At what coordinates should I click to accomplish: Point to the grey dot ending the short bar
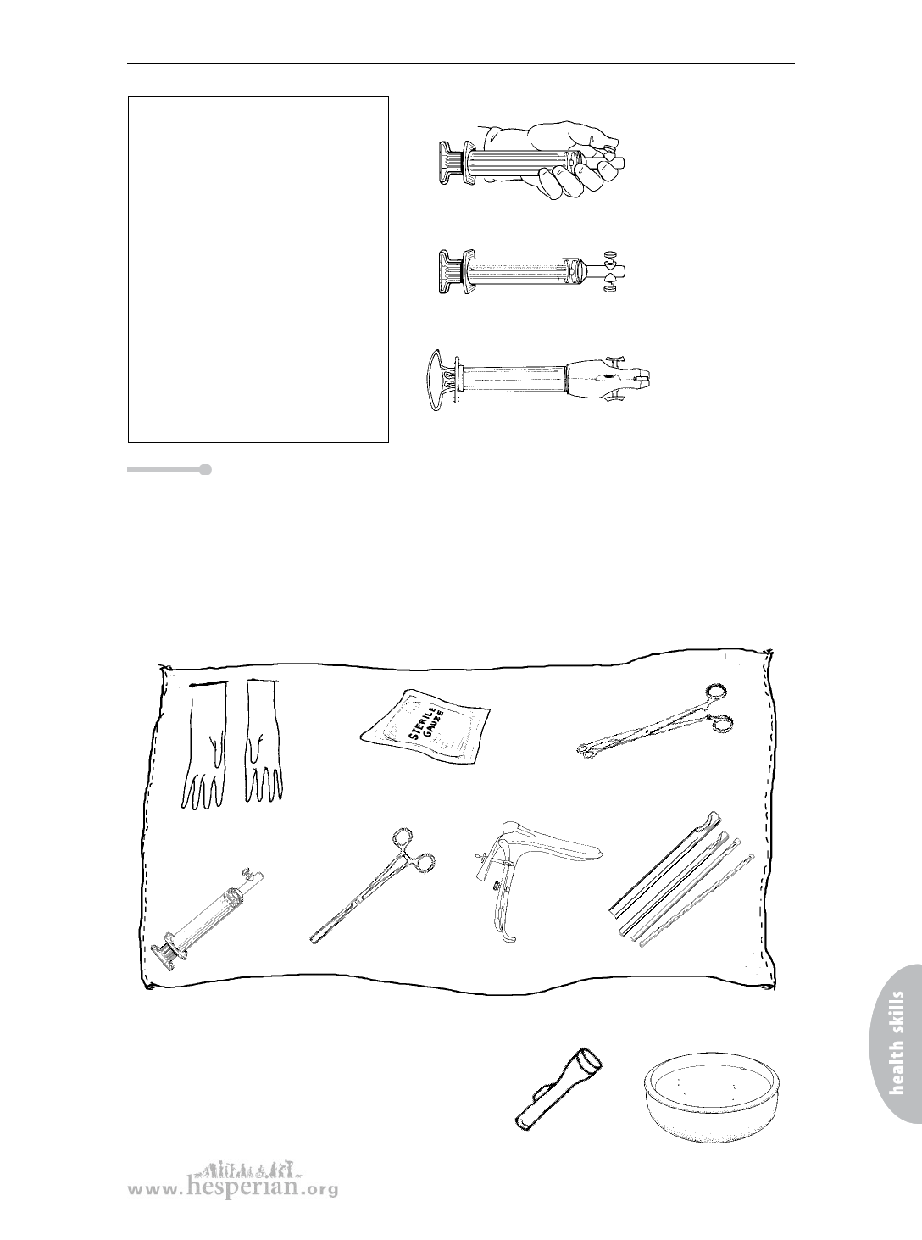tap(205, 470)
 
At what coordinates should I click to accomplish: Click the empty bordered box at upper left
tap(258, 270)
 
